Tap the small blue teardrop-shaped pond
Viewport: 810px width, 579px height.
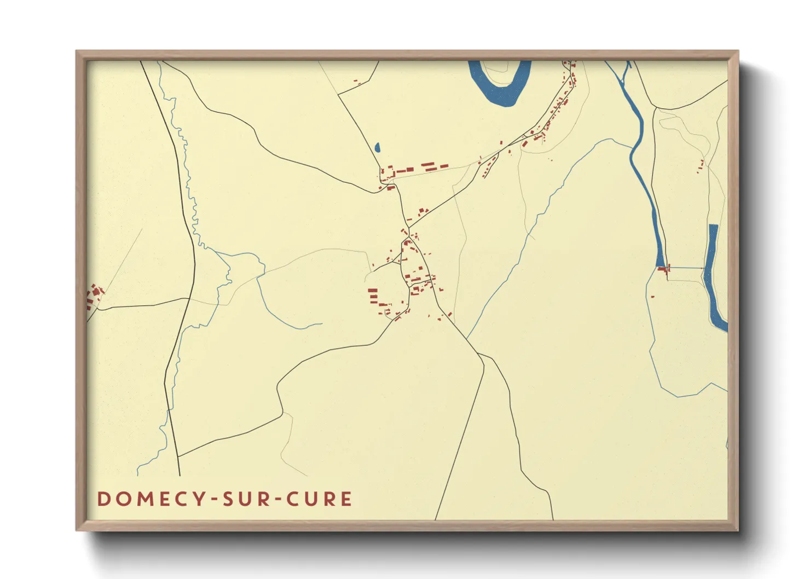[377, 147]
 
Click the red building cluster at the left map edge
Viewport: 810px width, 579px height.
[95, 297]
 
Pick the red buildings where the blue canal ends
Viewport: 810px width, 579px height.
[664, 269]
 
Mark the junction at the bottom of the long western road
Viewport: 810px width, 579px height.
[178, 456]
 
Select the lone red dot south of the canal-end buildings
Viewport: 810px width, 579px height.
[652, 297]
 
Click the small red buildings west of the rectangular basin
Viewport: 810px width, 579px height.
[701, 166]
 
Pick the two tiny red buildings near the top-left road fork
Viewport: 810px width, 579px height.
[356, 82]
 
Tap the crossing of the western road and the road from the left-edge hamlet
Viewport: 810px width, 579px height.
[189, 298]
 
